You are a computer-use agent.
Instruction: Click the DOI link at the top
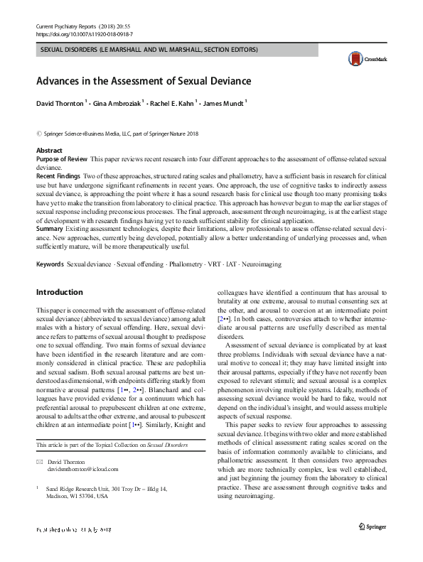pos(84,33)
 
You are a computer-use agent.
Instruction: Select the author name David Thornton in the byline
pos(60,104)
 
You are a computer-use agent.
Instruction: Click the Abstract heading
pos(49,151)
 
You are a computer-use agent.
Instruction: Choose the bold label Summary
pos(49,228)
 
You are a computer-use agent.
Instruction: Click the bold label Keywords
pos(50,264)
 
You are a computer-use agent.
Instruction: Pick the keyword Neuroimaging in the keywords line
pos(261,264)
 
